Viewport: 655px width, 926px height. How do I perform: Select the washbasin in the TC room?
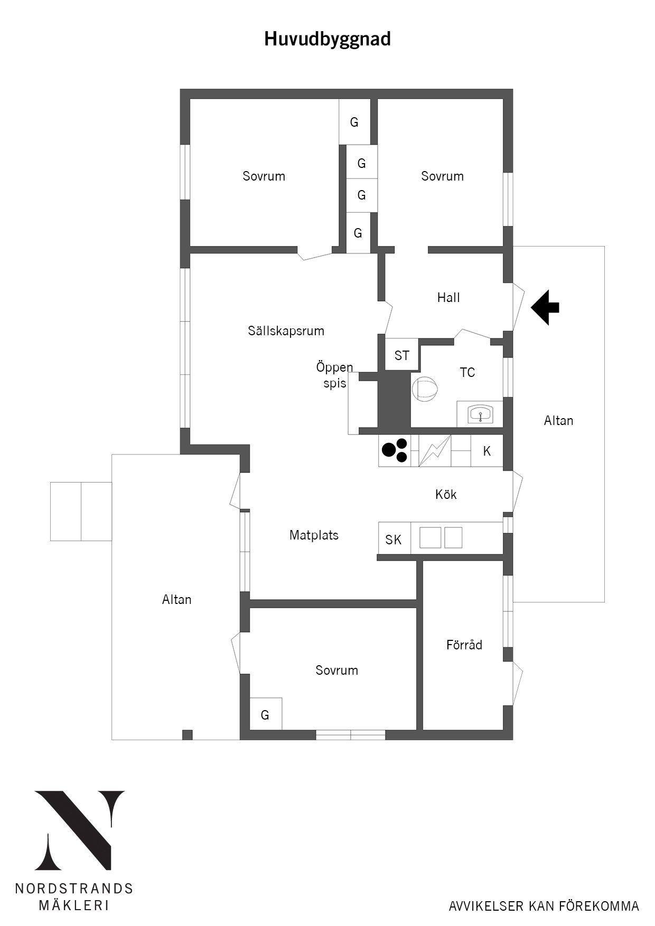click(x=480, y=414)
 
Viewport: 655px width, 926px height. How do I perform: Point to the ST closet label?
click(x=402, y=355)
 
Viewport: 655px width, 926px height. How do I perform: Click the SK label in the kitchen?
click(x=394, y=540)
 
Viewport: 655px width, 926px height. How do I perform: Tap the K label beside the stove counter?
click(x=487, y=451)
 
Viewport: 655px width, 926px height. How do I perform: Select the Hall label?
click(x=448, y=298)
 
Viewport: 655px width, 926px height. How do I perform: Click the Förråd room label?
click(x=464, y=645)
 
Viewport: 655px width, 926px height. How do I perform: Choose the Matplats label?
click(x=314, y=535)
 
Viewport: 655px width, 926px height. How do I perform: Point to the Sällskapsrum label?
click(x=286, y=331)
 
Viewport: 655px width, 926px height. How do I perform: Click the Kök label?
click(x=446, y=494)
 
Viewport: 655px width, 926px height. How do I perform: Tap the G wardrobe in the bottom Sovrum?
click(x=265, y=714)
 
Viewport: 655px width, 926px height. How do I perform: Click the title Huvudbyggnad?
click(x=327, y=40)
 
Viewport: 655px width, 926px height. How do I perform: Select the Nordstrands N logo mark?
click(x=80, y=830)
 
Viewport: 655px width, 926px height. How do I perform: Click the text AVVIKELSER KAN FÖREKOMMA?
click(x=544, y=906)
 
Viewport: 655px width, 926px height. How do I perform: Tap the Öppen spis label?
click(x=335, y=375)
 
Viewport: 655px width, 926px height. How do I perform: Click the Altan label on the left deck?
click(x=177, y=599)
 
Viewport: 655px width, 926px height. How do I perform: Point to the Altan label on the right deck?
click(x=558, y=420)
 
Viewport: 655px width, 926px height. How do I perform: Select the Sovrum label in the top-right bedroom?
click(x=443, y=176)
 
